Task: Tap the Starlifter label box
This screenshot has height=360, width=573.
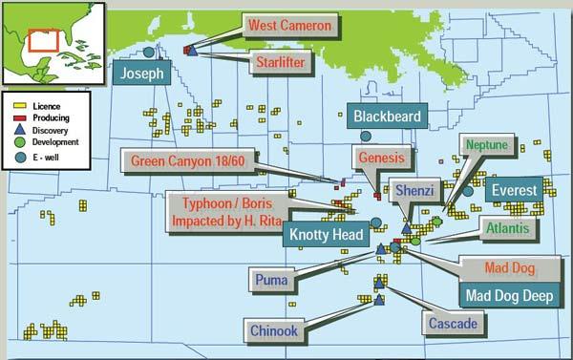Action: (279, 64)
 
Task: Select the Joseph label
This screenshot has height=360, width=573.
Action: (142, 73)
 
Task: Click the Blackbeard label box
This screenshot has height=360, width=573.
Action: (386, 116)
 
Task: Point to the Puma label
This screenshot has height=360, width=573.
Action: (271, 279)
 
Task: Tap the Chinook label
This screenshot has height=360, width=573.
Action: (274, 330)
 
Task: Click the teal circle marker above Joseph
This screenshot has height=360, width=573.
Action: (148, 53)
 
